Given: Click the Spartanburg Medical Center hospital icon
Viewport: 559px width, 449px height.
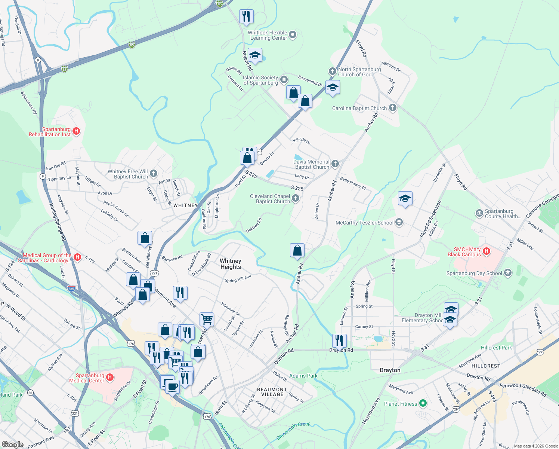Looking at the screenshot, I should point(110,377).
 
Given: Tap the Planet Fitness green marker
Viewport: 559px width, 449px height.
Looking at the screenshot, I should point(423,403).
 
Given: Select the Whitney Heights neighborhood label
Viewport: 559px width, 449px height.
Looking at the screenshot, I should point(231,264).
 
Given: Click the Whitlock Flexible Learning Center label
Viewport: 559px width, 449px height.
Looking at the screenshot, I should point(268,35).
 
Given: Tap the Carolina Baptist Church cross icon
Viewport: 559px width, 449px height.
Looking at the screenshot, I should point(392,108).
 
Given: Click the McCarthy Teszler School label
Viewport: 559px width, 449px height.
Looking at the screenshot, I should point(364,223).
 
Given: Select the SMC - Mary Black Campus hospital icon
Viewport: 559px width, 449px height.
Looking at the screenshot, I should point(487,251).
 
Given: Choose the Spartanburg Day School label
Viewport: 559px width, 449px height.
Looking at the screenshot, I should point(474,273).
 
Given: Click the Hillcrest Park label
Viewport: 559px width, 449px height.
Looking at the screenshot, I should point(496,348).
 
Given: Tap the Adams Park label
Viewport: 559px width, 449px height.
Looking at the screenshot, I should point(303,376).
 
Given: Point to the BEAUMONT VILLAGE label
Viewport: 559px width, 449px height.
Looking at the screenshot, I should point(272,392).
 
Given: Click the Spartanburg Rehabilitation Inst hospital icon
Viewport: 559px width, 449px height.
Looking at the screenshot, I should point(76,131).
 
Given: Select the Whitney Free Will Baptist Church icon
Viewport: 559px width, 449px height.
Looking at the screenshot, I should point(154,173).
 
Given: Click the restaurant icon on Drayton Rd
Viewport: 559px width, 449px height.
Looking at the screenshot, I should point(339,341).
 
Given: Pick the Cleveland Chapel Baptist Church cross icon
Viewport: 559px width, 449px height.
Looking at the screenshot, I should point(296,198).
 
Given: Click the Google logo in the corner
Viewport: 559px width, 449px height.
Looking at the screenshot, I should point(12,445).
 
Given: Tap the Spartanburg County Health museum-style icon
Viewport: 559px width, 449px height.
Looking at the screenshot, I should point(479,213).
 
